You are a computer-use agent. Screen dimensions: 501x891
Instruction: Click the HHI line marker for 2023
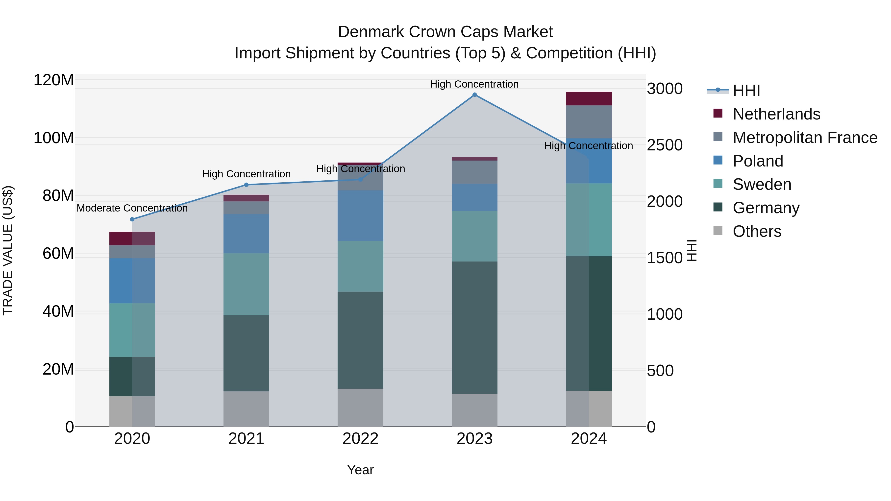pyautogui.click(x=474, y=95)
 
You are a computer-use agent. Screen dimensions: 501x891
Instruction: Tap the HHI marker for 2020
pyautogui.click(x=132, y=219)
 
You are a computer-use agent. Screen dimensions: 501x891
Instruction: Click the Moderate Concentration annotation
pyautogui.click(x=132, y=208)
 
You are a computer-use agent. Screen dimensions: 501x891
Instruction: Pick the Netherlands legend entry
pyautogui.click(x=776, y=114)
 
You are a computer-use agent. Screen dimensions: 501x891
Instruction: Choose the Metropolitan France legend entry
pyautogui.click(x=805, y=138)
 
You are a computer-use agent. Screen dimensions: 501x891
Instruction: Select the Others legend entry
pyautogui.click(x=757, y=231)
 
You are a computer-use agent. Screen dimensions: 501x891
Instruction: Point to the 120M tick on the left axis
pyautogui.click(x=54, y=80)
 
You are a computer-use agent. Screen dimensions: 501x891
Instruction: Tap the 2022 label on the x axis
pyautogui.click(x=360, y=439)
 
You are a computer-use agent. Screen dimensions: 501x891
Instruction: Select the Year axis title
pyautogui.click(x=360, y=470)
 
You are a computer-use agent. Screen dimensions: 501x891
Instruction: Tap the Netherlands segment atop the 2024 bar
pyautogui.click(x=589, y=98)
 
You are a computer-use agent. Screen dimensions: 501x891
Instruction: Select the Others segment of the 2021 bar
pyautogui.click(x=246, y=409)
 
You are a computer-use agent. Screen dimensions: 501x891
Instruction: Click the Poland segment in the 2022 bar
pyautogui.click(x=360, y=215)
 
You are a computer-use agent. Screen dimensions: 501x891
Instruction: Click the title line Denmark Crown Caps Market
pyautogui.click(x=445, y=32)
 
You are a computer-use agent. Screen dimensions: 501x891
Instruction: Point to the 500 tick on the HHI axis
pyautogui.click(x=660, y=371)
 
